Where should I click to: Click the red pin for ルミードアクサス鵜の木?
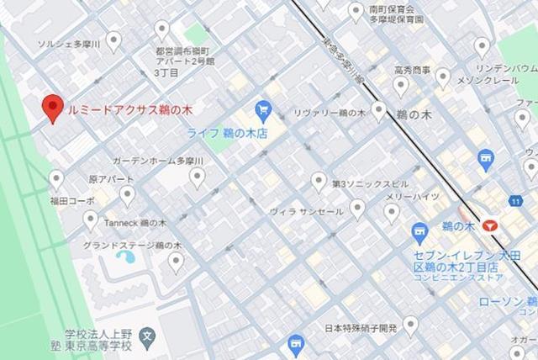[53, 108]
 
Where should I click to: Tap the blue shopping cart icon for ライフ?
[263, 108]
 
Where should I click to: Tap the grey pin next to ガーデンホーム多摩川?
[197, 176]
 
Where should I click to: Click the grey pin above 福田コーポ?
[56, 179]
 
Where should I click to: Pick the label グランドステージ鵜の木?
[132, 245]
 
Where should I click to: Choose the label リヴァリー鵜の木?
[329, 112]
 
